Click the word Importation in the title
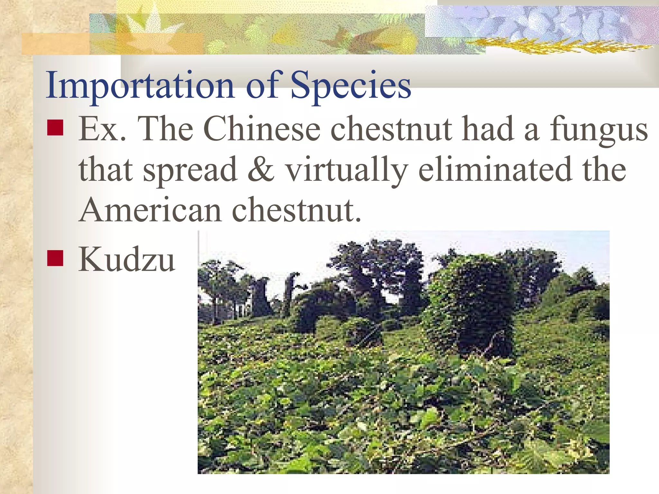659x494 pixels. (140, 86)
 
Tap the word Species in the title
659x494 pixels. (351, 86)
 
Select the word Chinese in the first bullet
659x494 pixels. (262, 129)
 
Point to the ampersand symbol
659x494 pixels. (261, 169)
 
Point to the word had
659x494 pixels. (487, 129)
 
